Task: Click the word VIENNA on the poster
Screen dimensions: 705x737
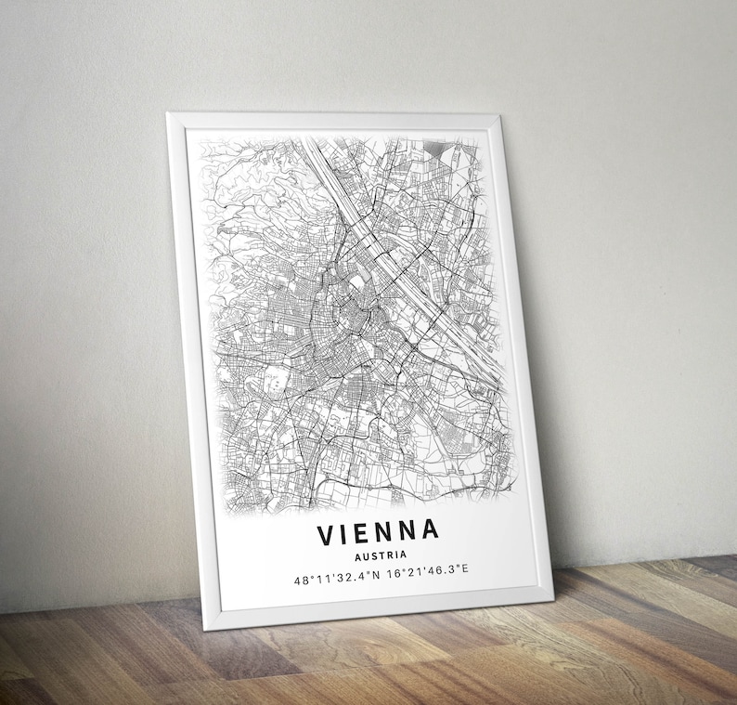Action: pos(378,532)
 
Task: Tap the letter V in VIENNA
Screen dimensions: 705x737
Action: pos(327,533)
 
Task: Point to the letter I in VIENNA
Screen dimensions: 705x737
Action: pos(348,533)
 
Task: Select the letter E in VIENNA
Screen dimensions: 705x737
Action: pos(367,533)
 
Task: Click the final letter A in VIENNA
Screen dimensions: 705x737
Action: pos(429,531)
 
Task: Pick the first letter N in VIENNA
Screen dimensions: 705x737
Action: pos(387,532)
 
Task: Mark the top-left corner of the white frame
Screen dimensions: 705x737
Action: pos(168,114)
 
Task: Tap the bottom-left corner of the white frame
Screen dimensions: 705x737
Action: pos(204,628)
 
